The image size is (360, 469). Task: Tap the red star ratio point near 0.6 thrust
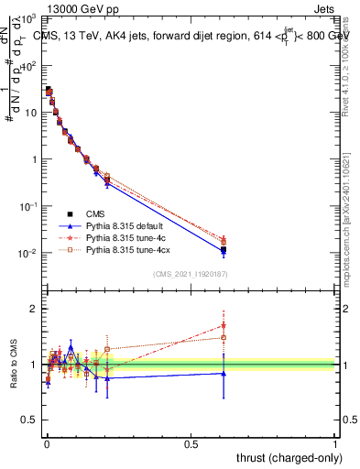(223, 324)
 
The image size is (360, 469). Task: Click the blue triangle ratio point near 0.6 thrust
(223, 373)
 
